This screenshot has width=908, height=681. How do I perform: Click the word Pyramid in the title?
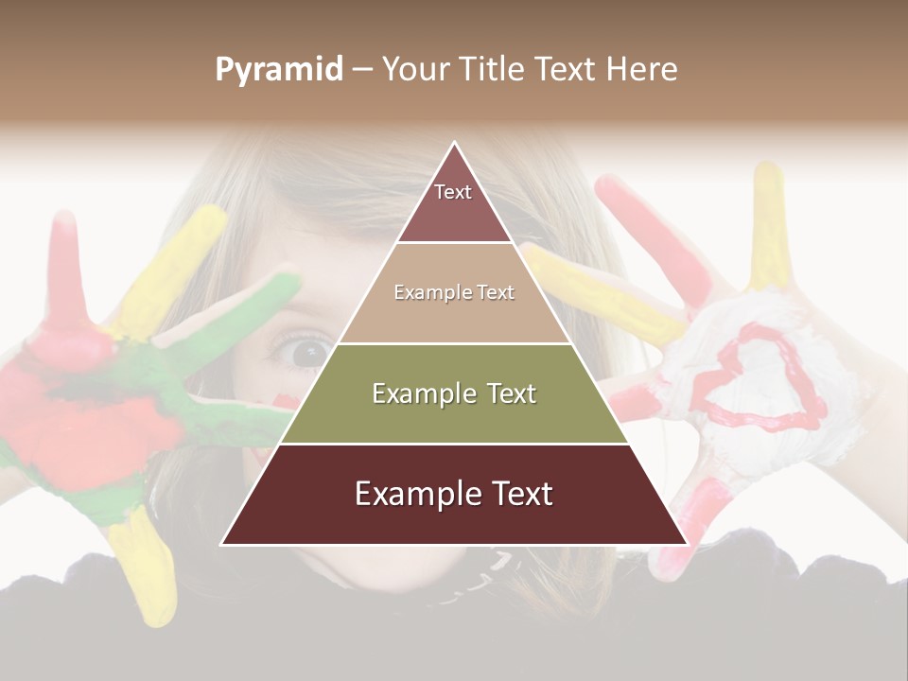point(278,70)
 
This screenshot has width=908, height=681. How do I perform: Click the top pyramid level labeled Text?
point(453,203)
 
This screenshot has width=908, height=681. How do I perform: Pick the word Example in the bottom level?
point(412,495)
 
